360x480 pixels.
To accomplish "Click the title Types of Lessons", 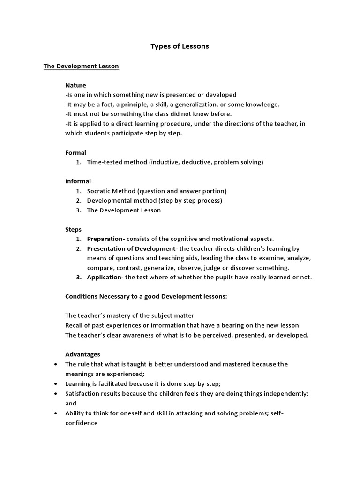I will coord(180,46).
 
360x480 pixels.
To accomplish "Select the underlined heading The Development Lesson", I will coord(81,66).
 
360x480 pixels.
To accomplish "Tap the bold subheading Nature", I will coord(75,85).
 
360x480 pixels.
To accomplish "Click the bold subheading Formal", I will coord(75,152).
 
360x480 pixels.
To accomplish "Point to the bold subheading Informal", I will coord(78,181).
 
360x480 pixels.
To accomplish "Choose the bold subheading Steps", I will coord(73,229).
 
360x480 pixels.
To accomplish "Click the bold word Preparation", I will coord(105,239).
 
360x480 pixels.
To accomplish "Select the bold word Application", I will coord(104,277).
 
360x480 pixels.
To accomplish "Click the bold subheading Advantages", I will coord(82,354).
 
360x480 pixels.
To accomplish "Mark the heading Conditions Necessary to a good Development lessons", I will coord(146,297).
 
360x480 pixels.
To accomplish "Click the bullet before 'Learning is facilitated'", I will coord(57,383).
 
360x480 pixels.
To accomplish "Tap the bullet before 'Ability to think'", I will coord(57,413).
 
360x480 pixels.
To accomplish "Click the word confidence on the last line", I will coord(82,423).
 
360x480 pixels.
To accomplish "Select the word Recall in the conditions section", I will coord(74,325).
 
